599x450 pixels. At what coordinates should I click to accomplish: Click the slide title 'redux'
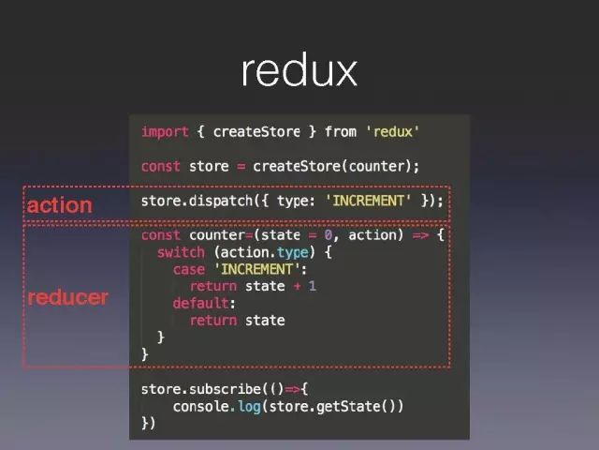[x=299, y=71]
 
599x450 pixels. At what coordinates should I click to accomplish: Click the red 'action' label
[x=59, y=204]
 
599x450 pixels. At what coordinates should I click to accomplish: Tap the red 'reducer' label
[x=67, y=297]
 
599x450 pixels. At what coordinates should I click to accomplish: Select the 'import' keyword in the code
[x=165, y=132]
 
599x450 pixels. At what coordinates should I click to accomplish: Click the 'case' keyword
[x=188, y=269]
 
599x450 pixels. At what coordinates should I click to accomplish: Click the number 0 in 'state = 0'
[x=328, y=235]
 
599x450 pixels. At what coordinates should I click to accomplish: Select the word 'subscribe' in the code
[x=222, y=388]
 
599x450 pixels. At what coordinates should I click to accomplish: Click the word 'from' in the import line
[x=340, y=132]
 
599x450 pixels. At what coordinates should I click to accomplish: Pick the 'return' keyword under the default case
[x=212, y=321]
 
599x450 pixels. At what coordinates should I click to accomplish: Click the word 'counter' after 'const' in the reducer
[x=217, y=235]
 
